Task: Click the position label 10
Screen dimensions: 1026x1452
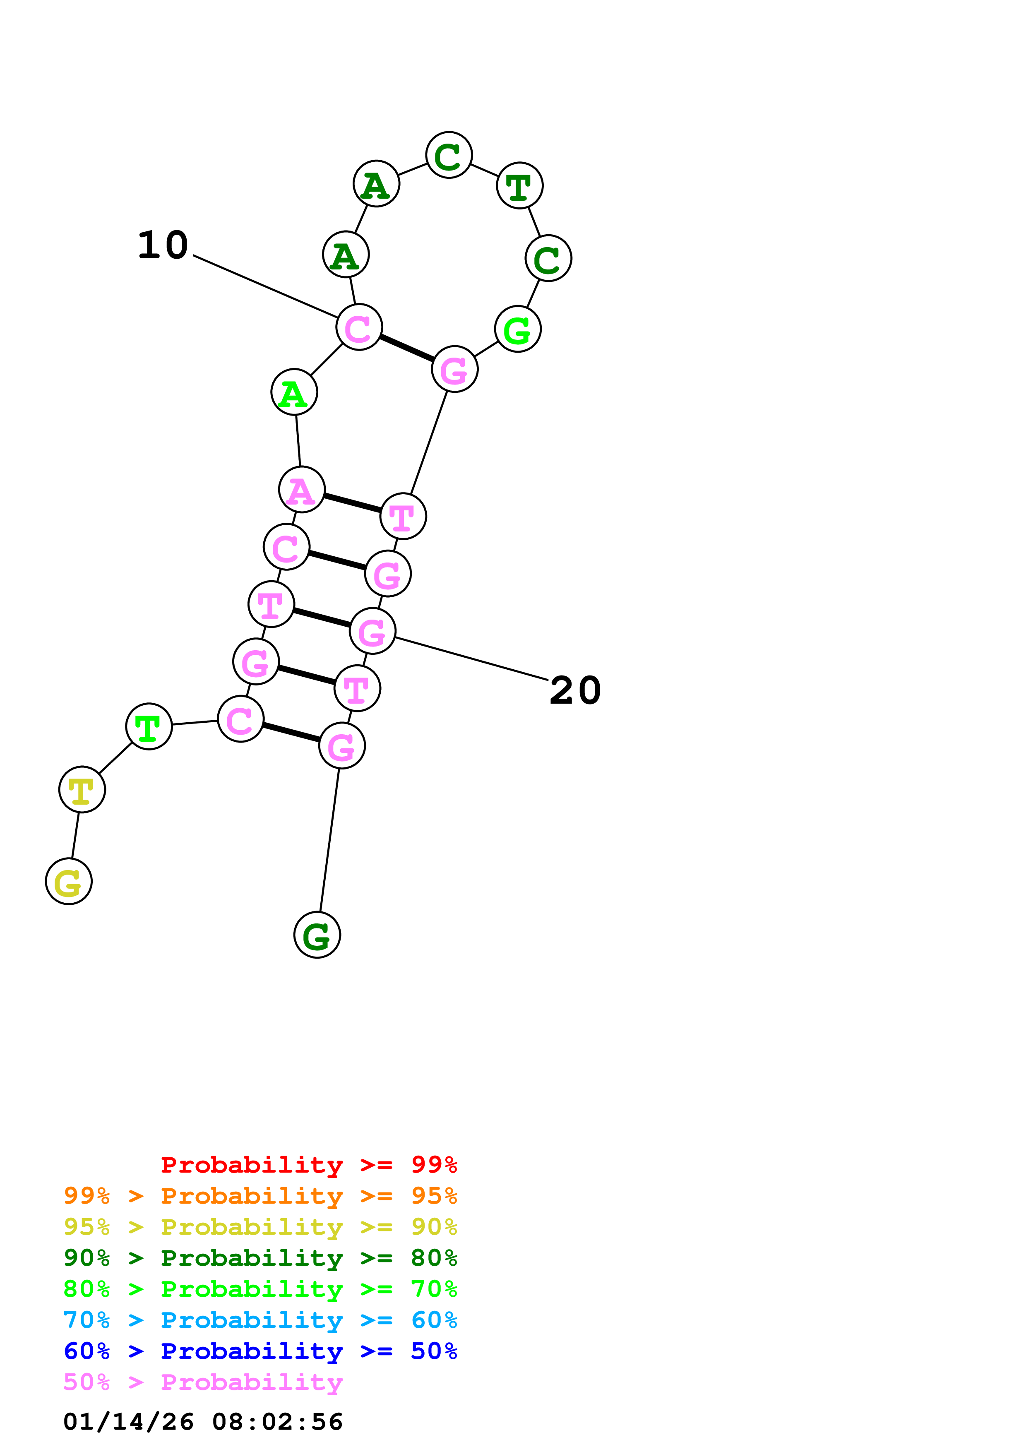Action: click(x=163, y=245)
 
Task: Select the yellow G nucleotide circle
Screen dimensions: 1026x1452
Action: click(x=69, y=882)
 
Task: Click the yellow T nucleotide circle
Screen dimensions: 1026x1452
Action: click(x=82, y=790)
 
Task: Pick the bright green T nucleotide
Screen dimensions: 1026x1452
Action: click(x=149, y=727)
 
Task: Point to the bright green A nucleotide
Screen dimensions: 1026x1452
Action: click(x=294, y=393)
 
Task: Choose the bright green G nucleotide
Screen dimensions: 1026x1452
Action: click(x=518, y=329)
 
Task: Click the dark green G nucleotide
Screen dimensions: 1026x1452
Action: click(x=317, y=935)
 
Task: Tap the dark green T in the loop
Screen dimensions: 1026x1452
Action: click(x=520, y=185)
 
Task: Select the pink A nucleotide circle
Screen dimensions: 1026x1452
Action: click(x=302, y=490)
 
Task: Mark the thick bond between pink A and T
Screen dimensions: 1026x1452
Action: click(x=352, y=503)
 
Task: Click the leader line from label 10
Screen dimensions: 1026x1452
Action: click(x=266, y=286)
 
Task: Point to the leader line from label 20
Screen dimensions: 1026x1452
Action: click(x=471, y=659)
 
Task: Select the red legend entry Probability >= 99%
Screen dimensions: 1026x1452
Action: click(x=308, y=1165)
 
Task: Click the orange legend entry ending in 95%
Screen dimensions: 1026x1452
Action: click(x=260, y=1196)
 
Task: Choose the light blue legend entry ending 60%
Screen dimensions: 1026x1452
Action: click(x=260, y=1320)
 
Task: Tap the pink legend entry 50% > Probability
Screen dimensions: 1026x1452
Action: click(x=203, y=1382)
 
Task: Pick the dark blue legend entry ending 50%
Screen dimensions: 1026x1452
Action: click(x=260, y=1351)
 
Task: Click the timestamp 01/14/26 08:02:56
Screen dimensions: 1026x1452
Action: click(x=203, y=1422)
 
